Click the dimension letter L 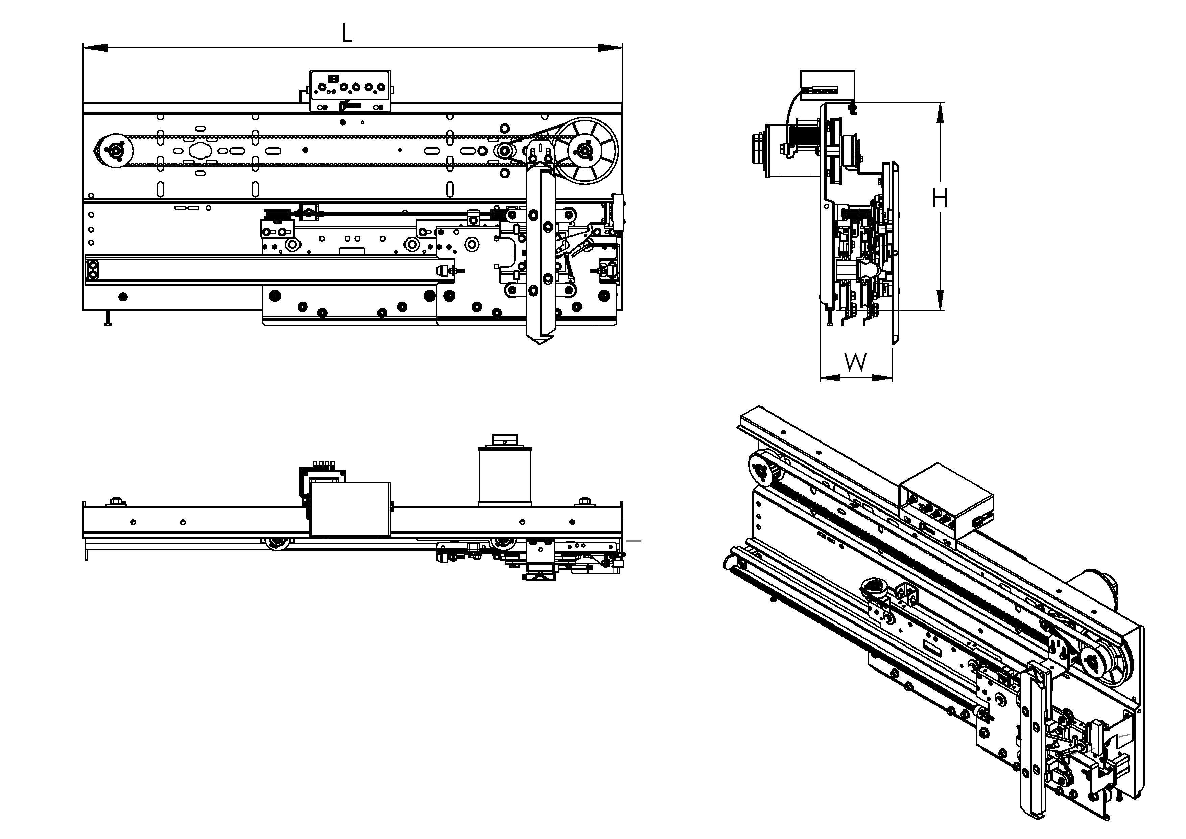point(347,33)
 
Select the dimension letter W point(855,362)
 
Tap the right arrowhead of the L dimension point(610,48)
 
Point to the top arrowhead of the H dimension point(940,114)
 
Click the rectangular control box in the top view point(350,509)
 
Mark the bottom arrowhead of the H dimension point(940,300)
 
